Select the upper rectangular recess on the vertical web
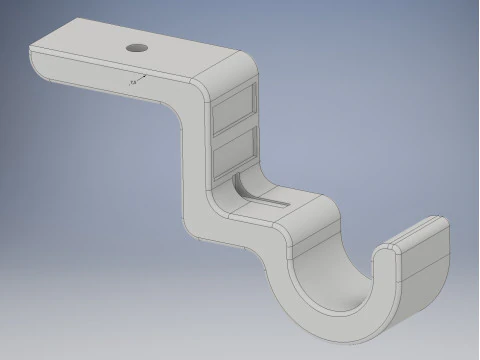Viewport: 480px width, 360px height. [235, 108]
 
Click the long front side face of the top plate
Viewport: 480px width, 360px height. [110, 85]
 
